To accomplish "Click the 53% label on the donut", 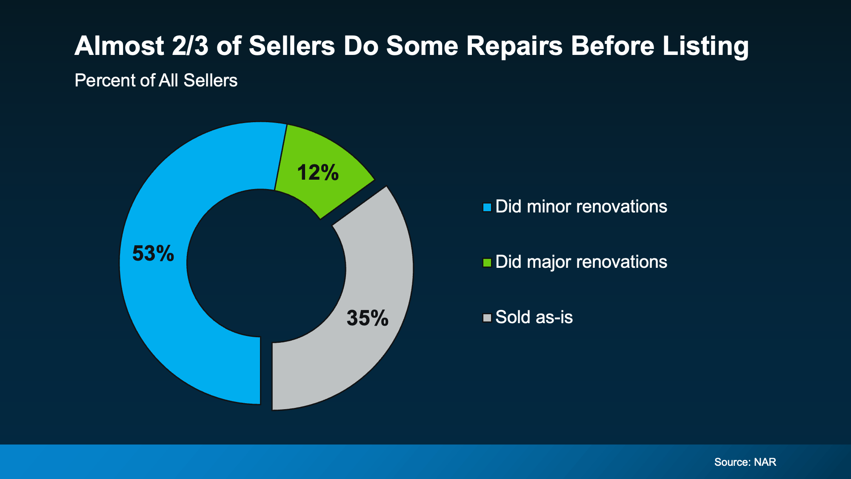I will (153, 253).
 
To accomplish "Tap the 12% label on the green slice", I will (318, 172).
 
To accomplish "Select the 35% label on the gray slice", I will (367, 318).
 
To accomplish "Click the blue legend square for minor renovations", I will (487, 207).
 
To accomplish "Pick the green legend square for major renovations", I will (487, 263).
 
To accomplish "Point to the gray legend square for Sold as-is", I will (487, 318).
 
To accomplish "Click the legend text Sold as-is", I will (534, 317).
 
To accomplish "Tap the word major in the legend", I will (549, 262).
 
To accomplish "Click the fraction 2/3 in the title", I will (190, 46).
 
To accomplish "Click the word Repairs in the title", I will (514, 46).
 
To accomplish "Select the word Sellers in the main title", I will (292, 46).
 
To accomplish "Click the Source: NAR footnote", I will (745, 462).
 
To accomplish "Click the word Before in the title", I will (612, 46).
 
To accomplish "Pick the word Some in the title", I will (422, 46).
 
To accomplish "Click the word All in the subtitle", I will (168, 80).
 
